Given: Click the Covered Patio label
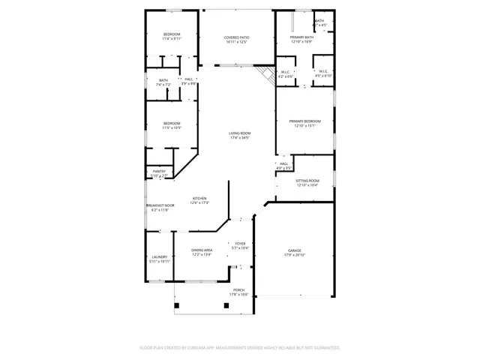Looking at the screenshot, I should click(x=236, y=37).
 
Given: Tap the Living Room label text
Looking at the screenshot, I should click(x=239, y=133).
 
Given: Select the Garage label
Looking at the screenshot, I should click(x=294, y=250).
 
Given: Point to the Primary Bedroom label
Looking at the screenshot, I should click(x=304, y=121).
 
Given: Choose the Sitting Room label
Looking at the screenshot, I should click(x=307, y=181).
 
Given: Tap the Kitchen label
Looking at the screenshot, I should click(x=199, y=199).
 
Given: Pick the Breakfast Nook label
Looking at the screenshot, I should click(x=160, y=205).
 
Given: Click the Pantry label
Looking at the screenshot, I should click(x=159, y=172).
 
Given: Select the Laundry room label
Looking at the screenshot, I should click(x=159, y=257).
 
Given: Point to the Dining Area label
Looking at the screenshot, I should click(x=201, y=250).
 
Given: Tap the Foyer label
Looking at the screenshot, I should click(x=240, y=244).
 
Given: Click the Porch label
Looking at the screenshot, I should click(x=238, y=290).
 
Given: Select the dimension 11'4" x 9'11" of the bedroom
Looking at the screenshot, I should click(x=172, y=39).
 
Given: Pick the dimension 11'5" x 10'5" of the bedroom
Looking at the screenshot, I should click(x=172, y=127).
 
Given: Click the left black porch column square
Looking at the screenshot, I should click(x=177, y=305).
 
